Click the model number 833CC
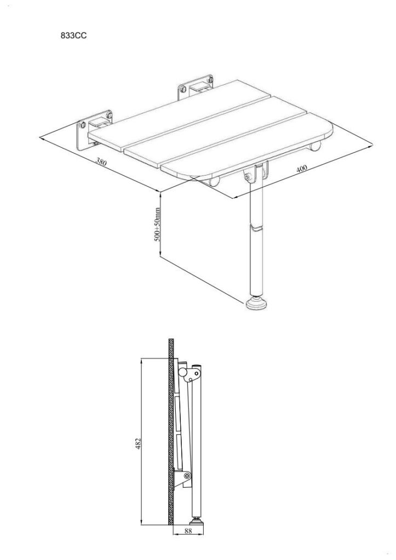coord(74,36)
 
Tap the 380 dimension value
coord(101,161)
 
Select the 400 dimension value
coord(302,168)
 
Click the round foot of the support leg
coord(256,303)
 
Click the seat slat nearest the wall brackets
coord(179,114)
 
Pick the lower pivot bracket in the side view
coord(182,478)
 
